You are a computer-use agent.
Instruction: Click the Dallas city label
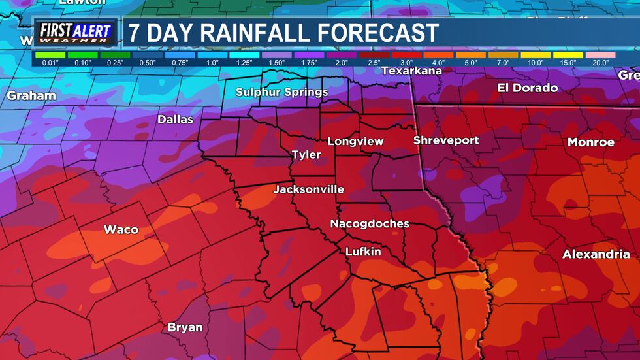click(x=175, y=120)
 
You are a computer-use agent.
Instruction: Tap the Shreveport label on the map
click(x=446, y=140)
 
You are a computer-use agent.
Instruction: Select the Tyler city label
click(x=306, y=155)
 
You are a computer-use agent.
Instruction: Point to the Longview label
click(x=355, y=141)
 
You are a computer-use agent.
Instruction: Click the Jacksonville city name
click(x=308, y=189)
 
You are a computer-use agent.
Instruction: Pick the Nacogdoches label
click(x=370, y=223)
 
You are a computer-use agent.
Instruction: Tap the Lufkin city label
click(x=363, y=252)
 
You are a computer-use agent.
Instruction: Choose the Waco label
click(x=121, y=229)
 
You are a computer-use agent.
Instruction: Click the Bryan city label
click(x=185, y=327)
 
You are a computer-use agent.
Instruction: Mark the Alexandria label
click(x=596, y=254)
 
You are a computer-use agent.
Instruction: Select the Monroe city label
click(x=590, y=142)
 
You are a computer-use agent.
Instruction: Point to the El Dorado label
click(x=528, y=88)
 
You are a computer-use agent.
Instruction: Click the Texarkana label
click(x=411, y=71)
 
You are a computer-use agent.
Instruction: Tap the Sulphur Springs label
click(x=281, y=92)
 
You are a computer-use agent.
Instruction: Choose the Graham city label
click(x=31, y=96)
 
